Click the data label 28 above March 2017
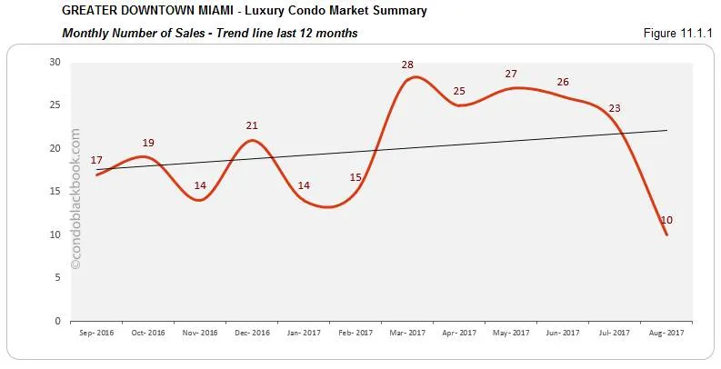407,65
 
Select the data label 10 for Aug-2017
666,220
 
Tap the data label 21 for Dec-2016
252,125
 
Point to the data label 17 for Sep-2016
96,160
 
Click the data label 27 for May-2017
511,74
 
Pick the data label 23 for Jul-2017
615,108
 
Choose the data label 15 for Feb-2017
355,177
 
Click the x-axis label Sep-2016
95,334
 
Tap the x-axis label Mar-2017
407,334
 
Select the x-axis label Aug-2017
666,334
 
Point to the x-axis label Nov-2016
199,334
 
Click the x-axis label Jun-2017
563,334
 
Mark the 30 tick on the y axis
55,63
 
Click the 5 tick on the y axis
57,278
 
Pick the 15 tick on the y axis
55,192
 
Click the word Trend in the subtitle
232,34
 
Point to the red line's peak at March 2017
414,77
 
